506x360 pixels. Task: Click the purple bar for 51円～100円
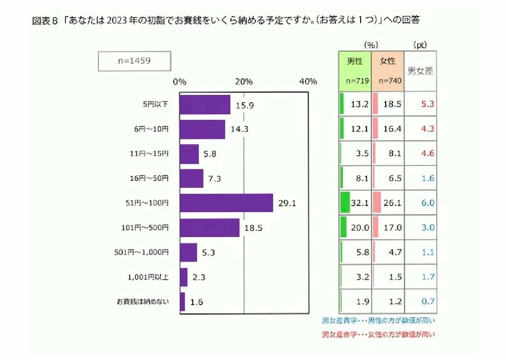[226, 203]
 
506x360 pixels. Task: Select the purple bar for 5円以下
[205, 105]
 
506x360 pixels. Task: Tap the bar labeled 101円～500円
[209, 227]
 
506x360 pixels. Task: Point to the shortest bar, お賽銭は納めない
[182, 302]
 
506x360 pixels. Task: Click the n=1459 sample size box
[126, 60]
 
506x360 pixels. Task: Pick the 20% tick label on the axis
[244, 81]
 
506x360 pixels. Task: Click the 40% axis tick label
[308, 81]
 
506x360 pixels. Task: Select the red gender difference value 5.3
[427, 104]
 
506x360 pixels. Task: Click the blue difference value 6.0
[427, 203]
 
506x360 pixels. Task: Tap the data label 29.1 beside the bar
[287, 204]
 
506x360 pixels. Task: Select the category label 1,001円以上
[148, 277]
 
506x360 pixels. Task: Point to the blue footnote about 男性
[378, 320]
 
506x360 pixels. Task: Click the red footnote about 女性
[378, 334]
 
